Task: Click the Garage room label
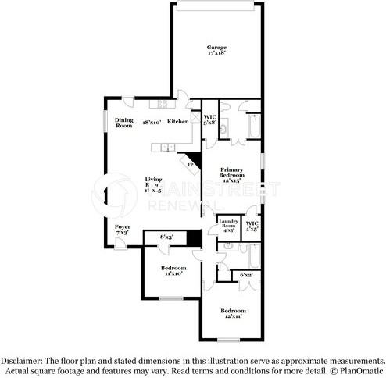[x=217, y=48]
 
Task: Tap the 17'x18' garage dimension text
[x=217, y=55]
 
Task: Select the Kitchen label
[x=177, y=122]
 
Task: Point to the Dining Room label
[x=123, y=123]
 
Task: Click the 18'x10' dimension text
[x=151, y=123]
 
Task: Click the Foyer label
[x=123, y=227]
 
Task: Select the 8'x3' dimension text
[x=166, y=236]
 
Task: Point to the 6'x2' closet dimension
[x=245, y=274]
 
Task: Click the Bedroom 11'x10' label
[x=173, y=271]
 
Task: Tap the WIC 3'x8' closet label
[x=209, y=120]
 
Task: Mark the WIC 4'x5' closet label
[x=252, y=226]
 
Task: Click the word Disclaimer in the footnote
[x=22, y=361]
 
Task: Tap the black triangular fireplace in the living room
[x=195, y=161]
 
